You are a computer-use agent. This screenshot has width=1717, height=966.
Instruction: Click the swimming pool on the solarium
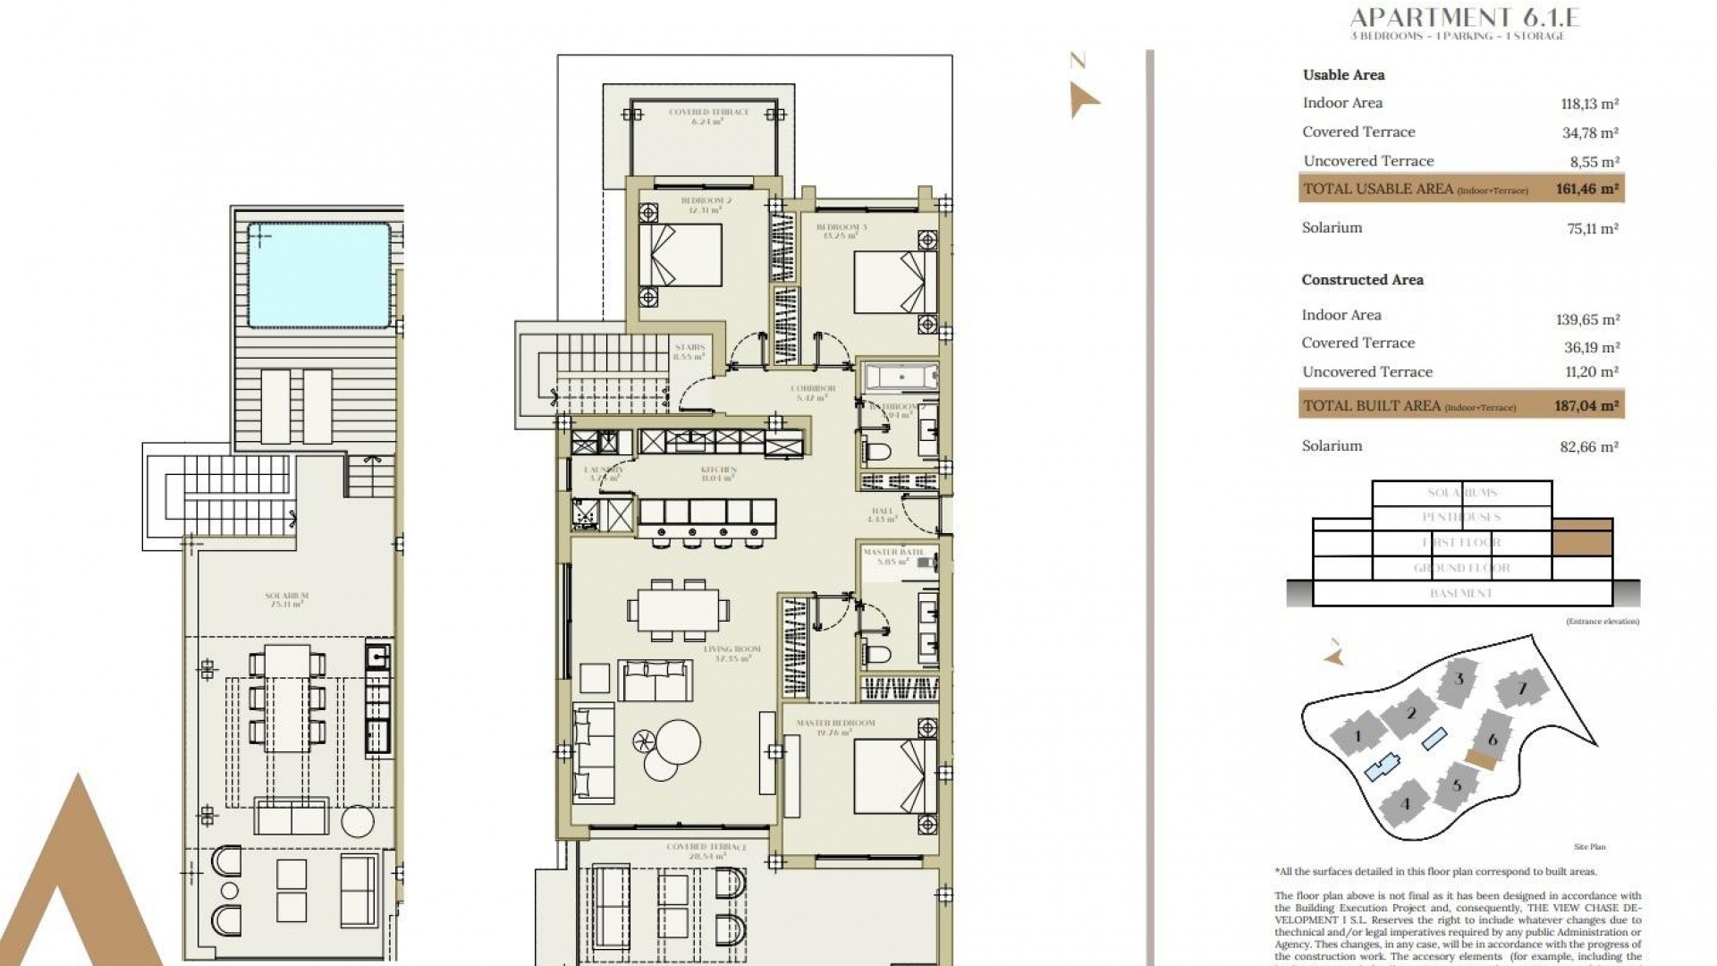point(318,275)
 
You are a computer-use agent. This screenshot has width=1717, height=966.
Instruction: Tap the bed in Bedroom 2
point(681,255)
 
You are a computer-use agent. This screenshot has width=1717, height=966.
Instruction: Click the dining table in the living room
point(678,609)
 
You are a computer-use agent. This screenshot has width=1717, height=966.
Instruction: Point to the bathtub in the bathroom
point(901,377)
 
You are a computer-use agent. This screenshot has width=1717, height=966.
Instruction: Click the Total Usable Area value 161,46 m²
point(1586,189)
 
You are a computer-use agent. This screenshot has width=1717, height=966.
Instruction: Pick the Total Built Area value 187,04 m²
point(1586,406)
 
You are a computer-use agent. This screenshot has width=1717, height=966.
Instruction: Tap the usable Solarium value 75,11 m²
point(1592,229)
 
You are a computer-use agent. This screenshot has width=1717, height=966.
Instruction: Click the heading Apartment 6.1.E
point(1464,17)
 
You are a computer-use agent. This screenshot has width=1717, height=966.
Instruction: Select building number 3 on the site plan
point(1459,680)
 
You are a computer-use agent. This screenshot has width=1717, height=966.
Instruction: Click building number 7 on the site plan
point(1522,689)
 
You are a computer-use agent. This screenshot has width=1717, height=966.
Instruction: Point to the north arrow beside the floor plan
point(1083,98)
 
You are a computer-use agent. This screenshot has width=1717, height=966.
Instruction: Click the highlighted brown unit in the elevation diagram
point(1582,538)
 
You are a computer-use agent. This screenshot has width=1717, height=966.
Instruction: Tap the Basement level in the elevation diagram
point(1461,593)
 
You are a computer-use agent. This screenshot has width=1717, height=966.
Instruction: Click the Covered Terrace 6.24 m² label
point(708,116)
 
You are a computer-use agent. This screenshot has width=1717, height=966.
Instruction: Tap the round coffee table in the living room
point(678,741)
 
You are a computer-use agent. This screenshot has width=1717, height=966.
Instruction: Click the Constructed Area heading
point(1362,280)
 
